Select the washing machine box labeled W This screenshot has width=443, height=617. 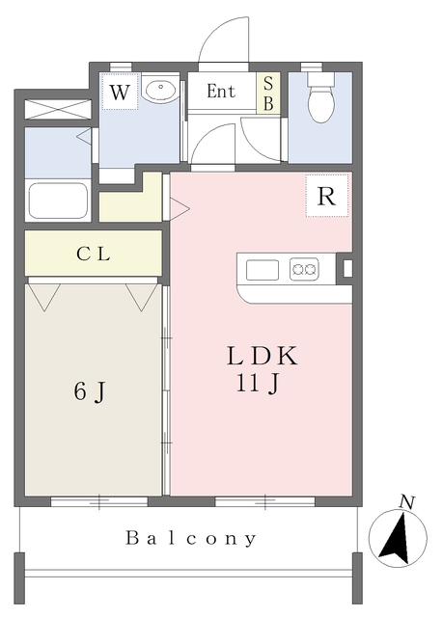tap(121, 94)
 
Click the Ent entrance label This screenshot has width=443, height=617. tap(222, 93)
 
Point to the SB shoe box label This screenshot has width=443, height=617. tap(269, 93)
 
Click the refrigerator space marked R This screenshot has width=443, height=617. tap(326, 197)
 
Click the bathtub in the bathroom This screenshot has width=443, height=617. tap(58, 201)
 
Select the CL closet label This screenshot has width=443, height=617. tap(94, 255)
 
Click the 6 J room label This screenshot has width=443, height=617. tap(90, 392)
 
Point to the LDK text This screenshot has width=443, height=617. tap(261, 356)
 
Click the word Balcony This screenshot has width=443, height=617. tap(191, 538)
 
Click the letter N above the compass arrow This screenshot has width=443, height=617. tap(408, 501)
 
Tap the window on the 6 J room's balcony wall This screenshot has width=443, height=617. tap(99, 501)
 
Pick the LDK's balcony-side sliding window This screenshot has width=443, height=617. tap(263, 501)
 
